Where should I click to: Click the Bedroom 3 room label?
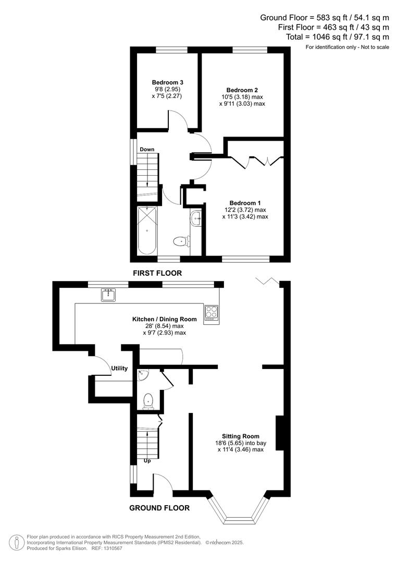[167, 82]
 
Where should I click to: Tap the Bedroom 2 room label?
[242, 90]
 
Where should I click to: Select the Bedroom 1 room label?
[245, 203]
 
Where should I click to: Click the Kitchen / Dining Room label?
[164, 319]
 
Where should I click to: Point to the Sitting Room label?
[240, 436]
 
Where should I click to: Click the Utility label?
[119, 368]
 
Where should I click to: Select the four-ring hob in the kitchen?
[212, 312]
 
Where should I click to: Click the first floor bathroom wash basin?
[196, 218]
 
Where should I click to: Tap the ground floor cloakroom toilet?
[148, 400]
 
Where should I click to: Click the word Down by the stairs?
[147, 150]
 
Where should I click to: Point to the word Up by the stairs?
[147, 461]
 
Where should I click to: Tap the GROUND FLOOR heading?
[159, 508]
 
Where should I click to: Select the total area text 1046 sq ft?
[337, 36]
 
